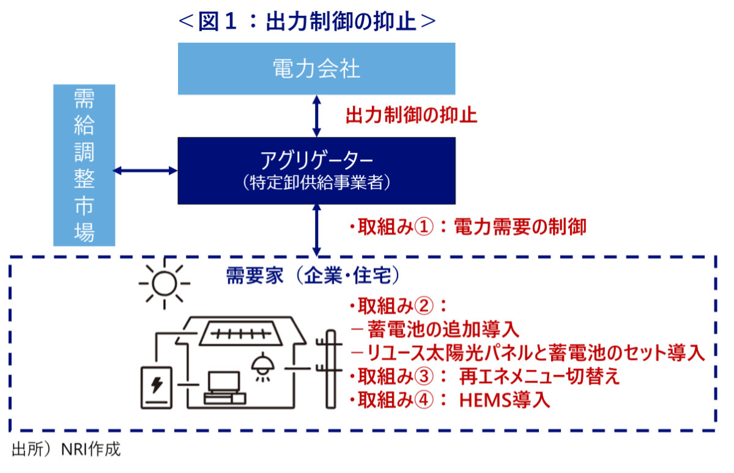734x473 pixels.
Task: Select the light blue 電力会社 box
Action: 316,68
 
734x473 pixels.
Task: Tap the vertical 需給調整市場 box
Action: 83,164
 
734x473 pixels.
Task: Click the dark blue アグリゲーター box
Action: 316,170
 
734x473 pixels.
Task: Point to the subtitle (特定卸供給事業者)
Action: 316,183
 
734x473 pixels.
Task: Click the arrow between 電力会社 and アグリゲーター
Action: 316,116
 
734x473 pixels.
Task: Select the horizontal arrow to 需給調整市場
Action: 146,170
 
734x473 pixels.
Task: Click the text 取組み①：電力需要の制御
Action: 468,227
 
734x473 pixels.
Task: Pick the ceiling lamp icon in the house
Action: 264,366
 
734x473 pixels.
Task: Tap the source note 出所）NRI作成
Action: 66,450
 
